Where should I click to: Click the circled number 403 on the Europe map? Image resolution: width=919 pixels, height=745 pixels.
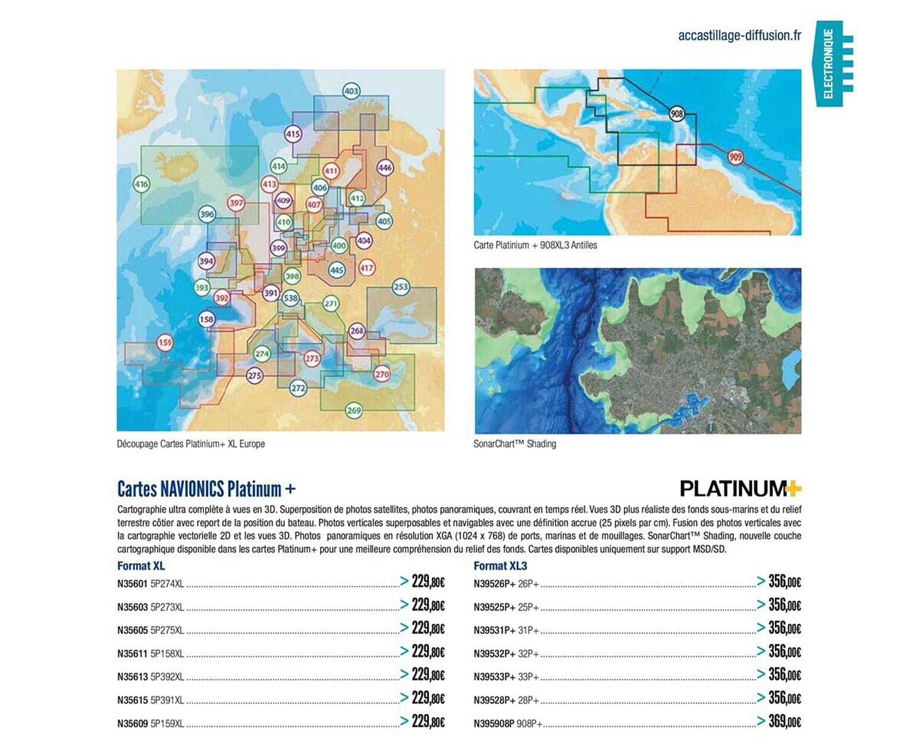352,91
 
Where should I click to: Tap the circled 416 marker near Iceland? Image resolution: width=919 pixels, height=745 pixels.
141,184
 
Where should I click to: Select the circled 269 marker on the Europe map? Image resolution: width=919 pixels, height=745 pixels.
354,410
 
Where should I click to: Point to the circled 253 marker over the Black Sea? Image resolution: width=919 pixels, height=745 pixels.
401,287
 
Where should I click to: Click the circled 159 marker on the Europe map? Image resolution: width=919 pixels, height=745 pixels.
165,343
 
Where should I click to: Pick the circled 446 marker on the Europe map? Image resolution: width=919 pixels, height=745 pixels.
385,168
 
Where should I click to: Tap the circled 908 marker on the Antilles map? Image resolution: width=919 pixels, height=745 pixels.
676,114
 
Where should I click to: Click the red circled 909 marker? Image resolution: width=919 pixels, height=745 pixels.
735,157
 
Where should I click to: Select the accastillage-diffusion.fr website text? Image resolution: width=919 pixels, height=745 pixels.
739,36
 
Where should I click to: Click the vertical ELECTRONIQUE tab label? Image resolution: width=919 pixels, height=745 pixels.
829,64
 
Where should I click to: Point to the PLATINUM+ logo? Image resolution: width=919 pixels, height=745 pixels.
741,489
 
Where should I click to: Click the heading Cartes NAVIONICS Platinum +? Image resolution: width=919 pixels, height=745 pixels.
206,489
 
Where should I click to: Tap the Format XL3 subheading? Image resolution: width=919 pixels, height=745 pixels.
500,566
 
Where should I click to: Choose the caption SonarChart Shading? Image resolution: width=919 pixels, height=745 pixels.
515,444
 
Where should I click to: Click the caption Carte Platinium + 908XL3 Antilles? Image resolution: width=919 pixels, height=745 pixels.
535,245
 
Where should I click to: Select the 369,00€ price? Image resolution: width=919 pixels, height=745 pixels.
785,722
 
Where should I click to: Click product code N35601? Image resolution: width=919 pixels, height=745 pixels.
132,584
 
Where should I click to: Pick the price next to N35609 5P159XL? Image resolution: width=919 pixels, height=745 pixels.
428,722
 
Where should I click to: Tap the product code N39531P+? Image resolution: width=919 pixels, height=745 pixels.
494,630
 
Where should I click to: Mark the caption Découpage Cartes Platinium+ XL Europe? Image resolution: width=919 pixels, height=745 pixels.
191,444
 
